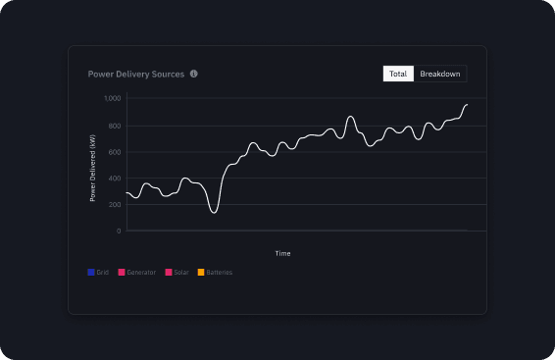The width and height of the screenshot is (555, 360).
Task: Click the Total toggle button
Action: click(398, 74)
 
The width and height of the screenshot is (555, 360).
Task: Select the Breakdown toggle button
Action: click(440, 74)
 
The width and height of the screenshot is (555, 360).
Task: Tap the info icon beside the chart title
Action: click(194, 74)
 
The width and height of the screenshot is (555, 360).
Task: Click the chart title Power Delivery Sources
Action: click(136, 74)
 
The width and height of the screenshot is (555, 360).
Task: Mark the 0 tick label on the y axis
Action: click(119, 231)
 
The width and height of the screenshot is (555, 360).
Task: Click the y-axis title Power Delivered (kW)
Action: click(93, 167)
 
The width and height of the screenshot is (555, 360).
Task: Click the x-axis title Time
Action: click(282, 253)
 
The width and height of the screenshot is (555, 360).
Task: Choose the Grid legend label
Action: click(103, 272)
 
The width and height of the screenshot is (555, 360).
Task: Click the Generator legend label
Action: click(141, 272)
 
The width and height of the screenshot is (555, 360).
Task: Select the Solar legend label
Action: click(182, 272)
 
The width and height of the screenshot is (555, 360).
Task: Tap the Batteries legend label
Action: click(220, 272)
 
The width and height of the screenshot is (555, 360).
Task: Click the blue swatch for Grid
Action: click(90, 272)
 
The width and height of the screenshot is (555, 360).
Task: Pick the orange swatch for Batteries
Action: click(201, 272)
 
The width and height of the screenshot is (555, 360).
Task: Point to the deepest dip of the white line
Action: click(214, 212)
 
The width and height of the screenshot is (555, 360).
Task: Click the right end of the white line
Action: click(467, 104)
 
